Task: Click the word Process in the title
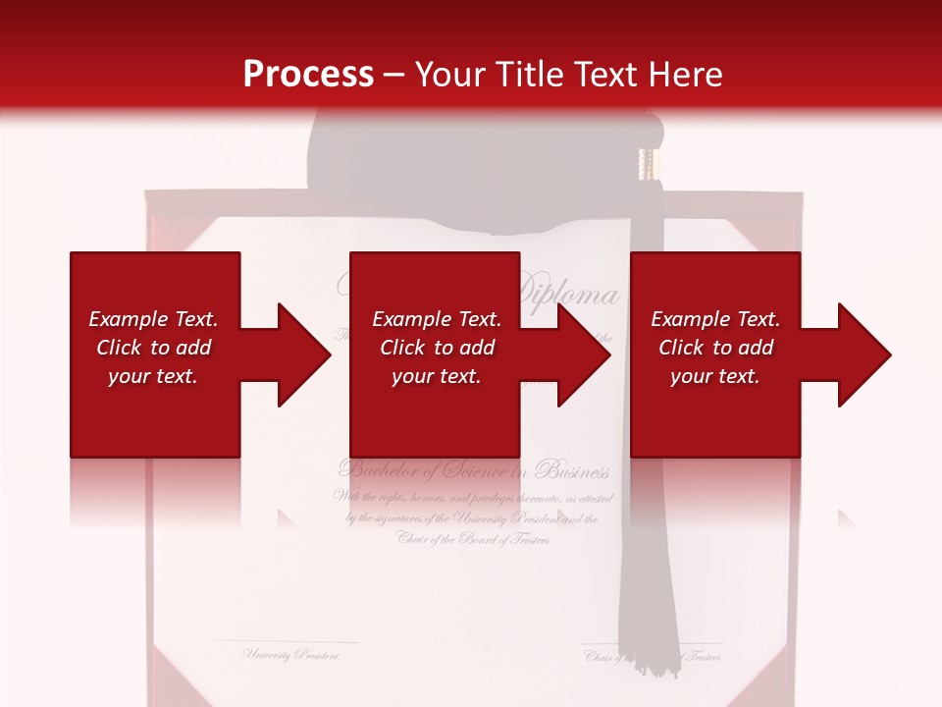coord(308,75)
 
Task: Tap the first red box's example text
coord(153,348)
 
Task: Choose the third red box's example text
coord(715,348)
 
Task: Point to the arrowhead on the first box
coord(298,354)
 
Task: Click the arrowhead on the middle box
coord(579,354)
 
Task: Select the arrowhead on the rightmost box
coord(860,354)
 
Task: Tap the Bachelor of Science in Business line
coord(474,470)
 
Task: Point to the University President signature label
coord(291,654)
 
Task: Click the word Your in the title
coord(450,75)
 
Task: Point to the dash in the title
coord(395,75)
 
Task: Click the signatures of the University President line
coord(472,518)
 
